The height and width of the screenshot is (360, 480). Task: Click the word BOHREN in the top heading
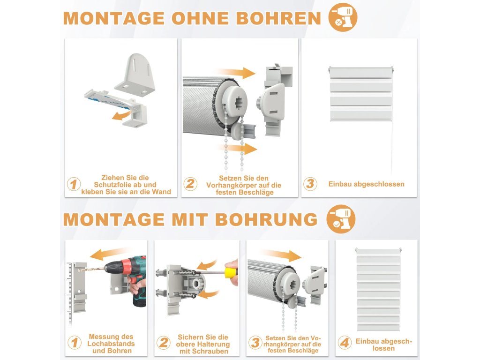278,18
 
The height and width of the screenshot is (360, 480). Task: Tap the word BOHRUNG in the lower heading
267,219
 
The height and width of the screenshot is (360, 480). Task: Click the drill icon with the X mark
343,17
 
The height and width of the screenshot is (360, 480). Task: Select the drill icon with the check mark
341,219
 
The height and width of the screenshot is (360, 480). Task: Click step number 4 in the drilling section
345,343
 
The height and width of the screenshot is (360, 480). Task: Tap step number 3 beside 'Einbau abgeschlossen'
310,184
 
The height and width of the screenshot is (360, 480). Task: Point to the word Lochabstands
111,344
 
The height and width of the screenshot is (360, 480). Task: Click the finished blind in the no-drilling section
361,94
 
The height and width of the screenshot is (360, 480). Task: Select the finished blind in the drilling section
378,289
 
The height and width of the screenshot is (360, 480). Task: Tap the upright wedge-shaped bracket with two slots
135,75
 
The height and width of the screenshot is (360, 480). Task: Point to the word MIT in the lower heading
190,219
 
